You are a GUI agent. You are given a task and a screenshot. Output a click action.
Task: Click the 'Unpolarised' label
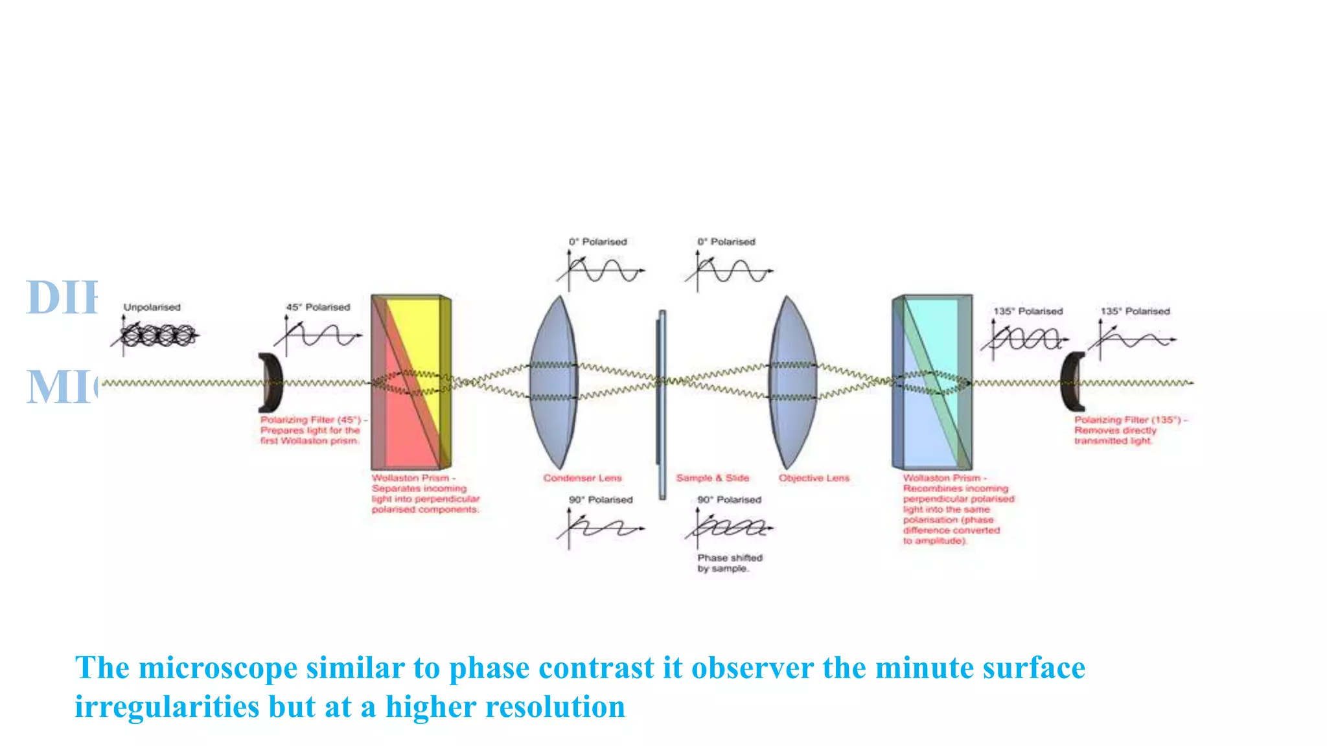pos(152,307)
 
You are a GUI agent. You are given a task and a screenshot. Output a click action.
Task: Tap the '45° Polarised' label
pos(317,307)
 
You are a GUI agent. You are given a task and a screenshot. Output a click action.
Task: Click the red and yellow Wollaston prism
pos(410,382)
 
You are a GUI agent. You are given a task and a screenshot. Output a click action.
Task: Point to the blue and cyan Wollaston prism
pos(931,382)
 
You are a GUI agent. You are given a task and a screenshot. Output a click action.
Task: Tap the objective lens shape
pos(792,382)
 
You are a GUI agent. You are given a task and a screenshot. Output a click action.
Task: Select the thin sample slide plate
pos(662,405)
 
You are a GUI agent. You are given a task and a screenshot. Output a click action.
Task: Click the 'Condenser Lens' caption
pos(582,478)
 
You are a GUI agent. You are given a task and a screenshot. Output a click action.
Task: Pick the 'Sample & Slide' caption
pos(712,478)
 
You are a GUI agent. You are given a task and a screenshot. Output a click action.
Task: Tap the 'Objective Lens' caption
pos(814,478)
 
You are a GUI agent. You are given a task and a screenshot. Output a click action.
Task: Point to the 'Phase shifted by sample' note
pos(729,563)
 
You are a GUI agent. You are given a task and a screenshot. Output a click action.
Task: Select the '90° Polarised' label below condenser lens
pos(600,500)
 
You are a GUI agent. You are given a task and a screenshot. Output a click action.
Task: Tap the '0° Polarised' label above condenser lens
pos(597,242)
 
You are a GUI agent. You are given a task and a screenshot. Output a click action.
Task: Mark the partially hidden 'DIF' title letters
pos(62,298)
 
